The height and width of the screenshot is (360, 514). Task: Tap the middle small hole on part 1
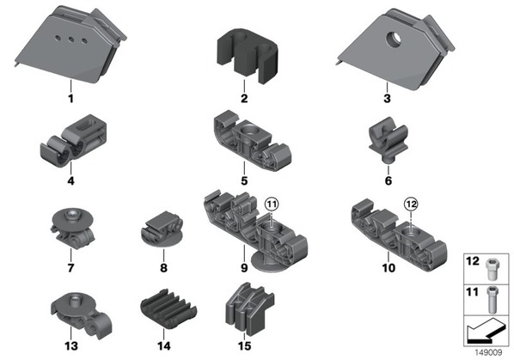click(x=70, y=40)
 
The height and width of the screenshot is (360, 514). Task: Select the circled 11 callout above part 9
click(x=272, y=204)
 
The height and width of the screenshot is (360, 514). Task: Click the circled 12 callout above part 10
click(x=412, y=204)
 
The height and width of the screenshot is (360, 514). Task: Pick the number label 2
click(x=244, y=98)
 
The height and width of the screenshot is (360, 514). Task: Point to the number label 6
click(x=389, y=180)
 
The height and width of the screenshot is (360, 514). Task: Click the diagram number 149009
click(x=488, y=352)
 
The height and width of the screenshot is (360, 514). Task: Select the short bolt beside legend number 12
click(x=492, y=269)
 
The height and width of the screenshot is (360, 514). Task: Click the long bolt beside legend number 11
click(x=492, y=300)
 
